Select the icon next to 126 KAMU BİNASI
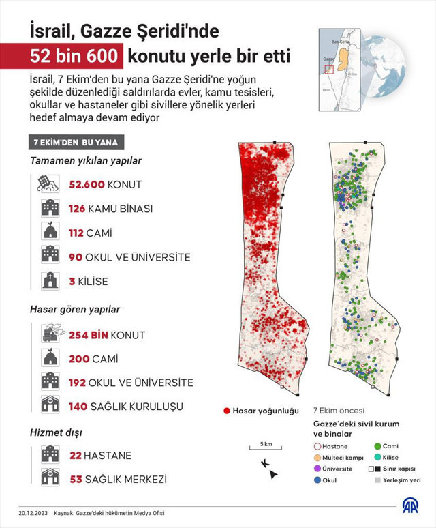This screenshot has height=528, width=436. point(50,208)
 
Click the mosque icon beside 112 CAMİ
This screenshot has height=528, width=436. point(50,233)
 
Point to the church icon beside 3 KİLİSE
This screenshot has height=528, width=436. point(50,281)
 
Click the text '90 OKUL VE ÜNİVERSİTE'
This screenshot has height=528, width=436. point(129,257)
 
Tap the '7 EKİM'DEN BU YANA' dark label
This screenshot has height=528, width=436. point(75,143)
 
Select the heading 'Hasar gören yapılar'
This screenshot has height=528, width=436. point(75,309)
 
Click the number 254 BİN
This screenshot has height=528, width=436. point(88,335)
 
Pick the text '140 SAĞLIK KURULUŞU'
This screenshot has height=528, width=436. point(126,407)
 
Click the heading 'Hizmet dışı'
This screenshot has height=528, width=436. point(54,432)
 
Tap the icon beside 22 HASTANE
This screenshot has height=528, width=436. point(50,455)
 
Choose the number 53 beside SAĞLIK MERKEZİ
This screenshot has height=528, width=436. point(76,480)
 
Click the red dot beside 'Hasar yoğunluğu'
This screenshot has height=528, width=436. point(226,411)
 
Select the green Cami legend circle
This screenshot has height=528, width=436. point(378,446)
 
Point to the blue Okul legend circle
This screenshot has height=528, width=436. point(317,480)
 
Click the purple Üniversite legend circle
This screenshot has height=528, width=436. point(317,469)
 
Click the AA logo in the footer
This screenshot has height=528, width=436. point(410,506)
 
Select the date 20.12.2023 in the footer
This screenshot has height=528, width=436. point(33,513)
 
